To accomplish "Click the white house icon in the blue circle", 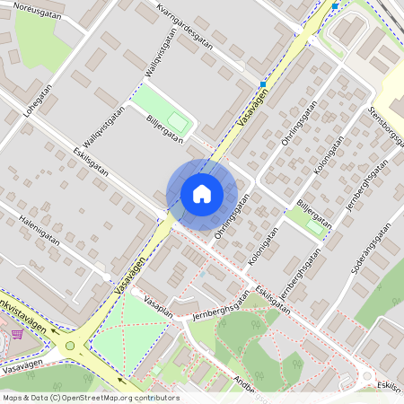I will pyautogui.click(x=202, y=193).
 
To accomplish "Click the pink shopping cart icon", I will pyautogui.click(x=17, y=334).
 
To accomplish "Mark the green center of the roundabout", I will pyautogui.click(x=70, y=345).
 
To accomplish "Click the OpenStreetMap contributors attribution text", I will pyautogui.click(x=90, y=397).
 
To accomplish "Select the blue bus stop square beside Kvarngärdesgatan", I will pyautogui.click(x=262, y=84).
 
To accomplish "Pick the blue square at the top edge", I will pyautogui.click(x=335, y=6).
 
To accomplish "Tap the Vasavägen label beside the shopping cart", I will pyautogui.click(x=22, y=356).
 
